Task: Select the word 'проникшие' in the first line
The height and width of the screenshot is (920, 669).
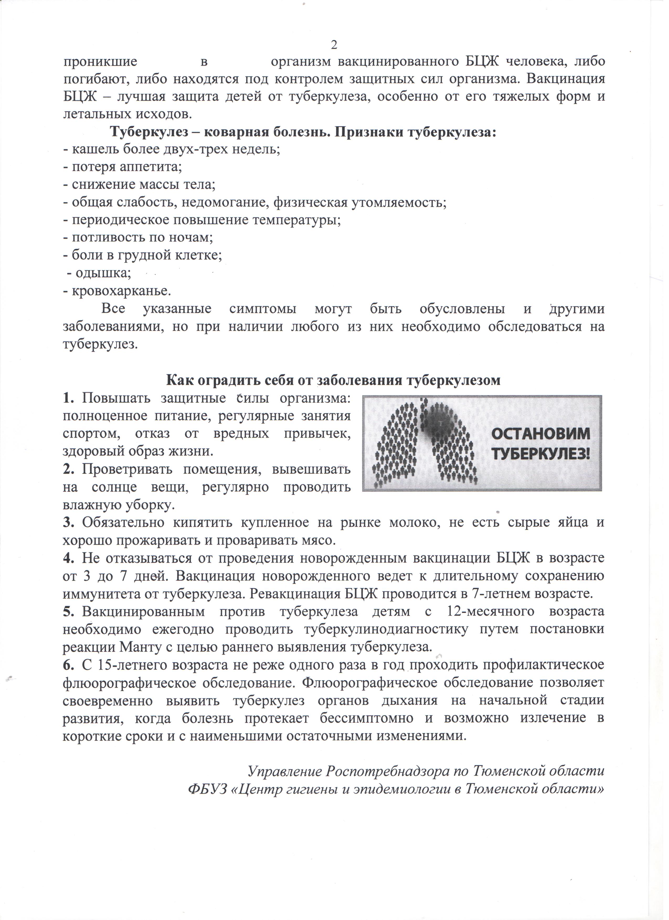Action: [x=100, y=62]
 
